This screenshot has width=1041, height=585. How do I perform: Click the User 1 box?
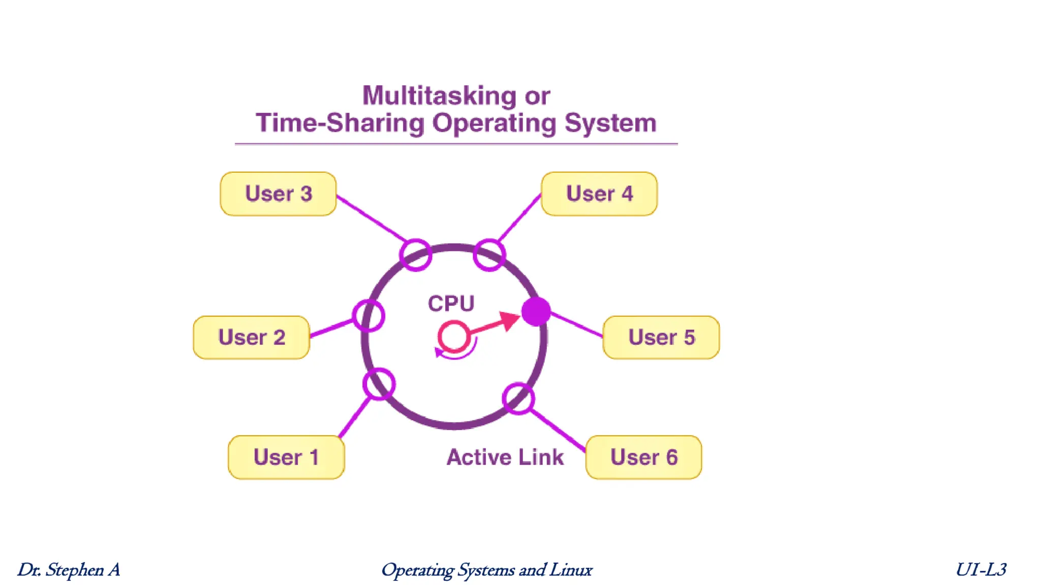(286, 457)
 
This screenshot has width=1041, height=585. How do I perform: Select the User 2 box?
(252, 337)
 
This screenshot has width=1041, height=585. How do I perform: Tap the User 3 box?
(278, 193)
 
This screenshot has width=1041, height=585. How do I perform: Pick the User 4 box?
(599, 193)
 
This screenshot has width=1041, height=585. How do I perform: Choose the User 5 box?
(661, 337)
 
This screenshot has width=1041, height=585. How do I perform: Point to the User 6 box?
(644, 457)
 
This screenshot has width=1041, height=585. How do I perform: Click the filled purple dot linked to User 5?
(536, 311)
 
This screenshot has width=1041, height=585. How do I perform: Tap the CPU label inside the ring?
(451, 304)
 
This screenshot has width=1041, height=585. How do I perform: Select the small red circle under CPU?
(453, 336)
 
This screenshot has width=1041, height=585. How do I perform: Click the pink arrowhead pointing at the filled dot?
(508, 321)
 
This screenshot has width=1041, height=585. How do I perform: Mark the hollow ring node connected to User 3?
(415, 255)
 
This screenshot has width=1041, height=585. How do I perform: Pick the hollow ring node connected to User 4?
(489, 255)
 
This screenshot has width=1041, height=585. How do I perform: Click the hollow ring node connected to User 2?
(369, 315)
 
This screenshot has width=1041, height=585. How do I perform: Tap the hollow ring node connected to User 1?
(379, 384)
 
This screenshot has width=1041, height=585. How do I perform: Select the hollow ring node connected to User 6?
(518, 399)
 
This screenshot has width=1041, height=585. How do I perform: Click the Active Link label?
(505, 457)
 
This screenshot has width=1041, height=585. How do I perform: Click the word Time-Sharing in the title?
(340, 123)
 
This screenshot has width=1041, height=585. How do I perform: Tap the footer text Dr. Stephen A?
(69, 570)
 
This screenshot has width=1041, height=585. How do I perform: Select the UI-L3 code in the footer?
(981, 570)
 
